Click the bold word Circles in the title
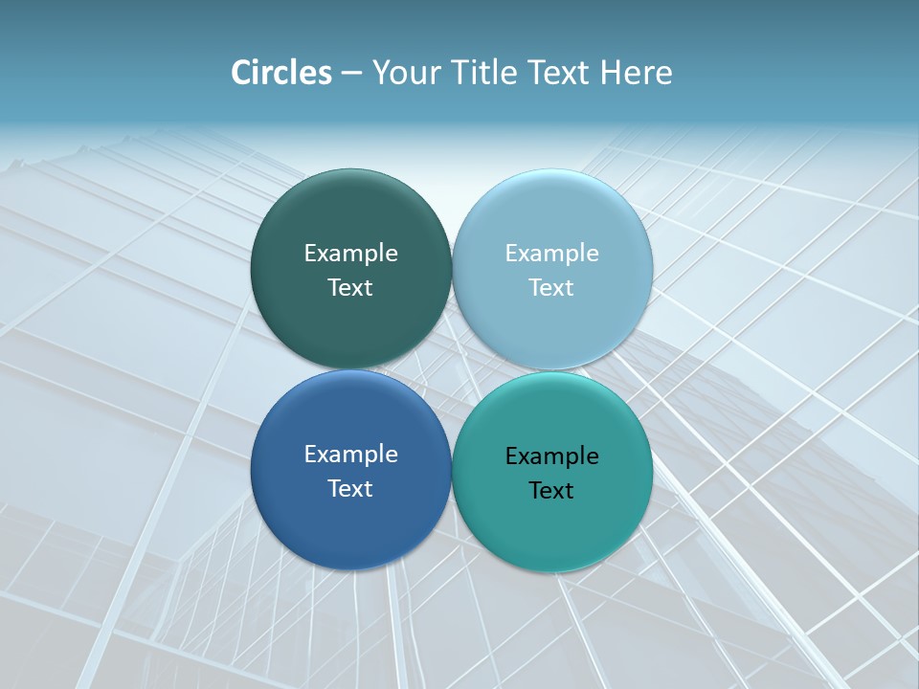point(281,73)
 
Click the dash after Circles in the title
point(351,74)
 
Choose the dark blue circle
point(350,517)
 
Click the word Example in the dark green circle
point(350,253)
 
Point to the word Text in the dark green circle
point(350,287)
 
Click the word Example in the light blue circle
point(551,253)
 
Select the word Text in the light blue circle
point(551,287)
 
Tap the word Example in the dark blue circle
point(350,454)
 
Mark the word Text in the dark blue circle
point(350,488)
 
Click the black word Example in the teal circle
point(551,456)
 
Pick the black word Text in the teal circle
point(551,490)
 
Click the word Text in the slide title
point(560,73)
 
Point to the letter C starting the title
point(241,73)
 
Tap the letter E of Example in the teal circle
point(511,456)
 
